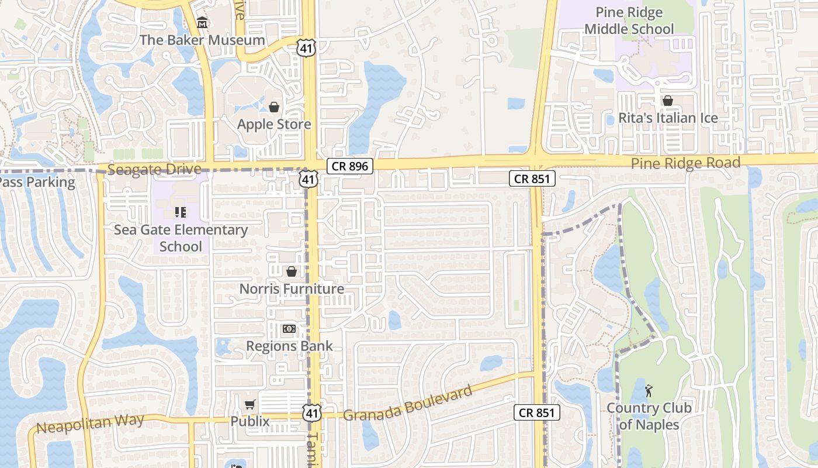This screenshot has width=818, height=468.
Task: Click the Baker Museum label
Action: pos(202,40)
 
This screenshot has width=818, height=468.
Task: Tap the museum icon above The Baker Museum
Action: pos(202,23)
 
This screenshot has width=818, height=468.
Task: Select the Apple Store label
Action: pos(273,124)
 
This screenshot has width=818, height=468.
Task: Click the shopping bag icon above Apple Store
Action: pos(273,106)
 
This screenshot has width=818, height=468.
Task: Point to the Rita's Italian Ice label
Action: pos(668,118)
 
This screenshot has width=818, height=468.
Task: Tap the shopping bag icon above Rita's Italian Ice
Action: pos(668,101)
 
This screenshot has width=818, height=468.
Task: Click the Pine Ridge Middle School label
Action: pos(629,20)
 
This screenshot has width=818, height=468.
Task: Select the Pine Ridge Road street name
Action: pos(685,163)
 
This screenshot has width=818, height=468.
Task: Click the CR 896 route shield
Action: pos(349,166)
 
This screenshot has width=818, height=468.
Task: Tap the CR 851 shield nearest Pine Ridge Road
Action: pos(532,178)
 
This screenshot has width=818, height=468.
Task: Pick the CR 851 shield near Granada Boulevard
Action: pos(537,412)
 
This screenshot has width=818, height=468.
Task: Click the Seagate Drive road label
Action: pos(155,170)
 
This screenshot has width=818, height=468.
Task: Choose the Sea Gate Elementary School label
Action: pos(181,238)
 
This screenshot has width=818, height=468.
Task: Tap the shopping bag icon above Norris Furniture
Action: pos(291,271)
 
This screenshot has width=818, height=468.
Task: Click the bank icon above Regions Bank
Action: pos(289,329)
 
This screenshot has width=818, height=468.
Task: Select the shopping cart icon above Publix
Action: pos(250,404)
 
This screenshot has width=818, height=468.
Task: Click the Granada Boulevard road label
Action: pos(407,404)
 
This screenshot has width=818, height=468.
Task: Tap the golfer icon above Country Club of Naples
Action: pos(648,390)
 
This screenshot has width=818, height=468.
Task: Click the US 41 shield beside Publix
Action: pos(311,413)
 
